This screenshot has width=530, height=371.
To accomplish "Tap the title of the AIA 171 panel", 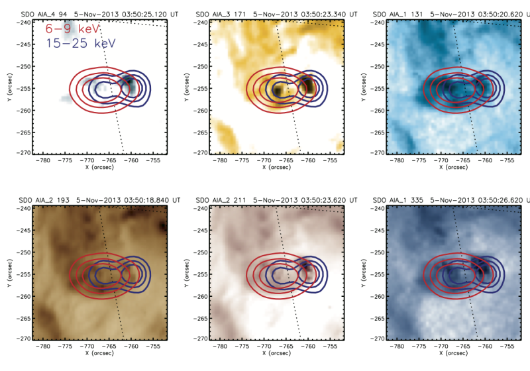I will (273, 13).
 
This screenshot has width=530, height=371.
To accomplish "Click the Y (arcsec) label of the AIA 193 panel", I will (5, 272).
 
